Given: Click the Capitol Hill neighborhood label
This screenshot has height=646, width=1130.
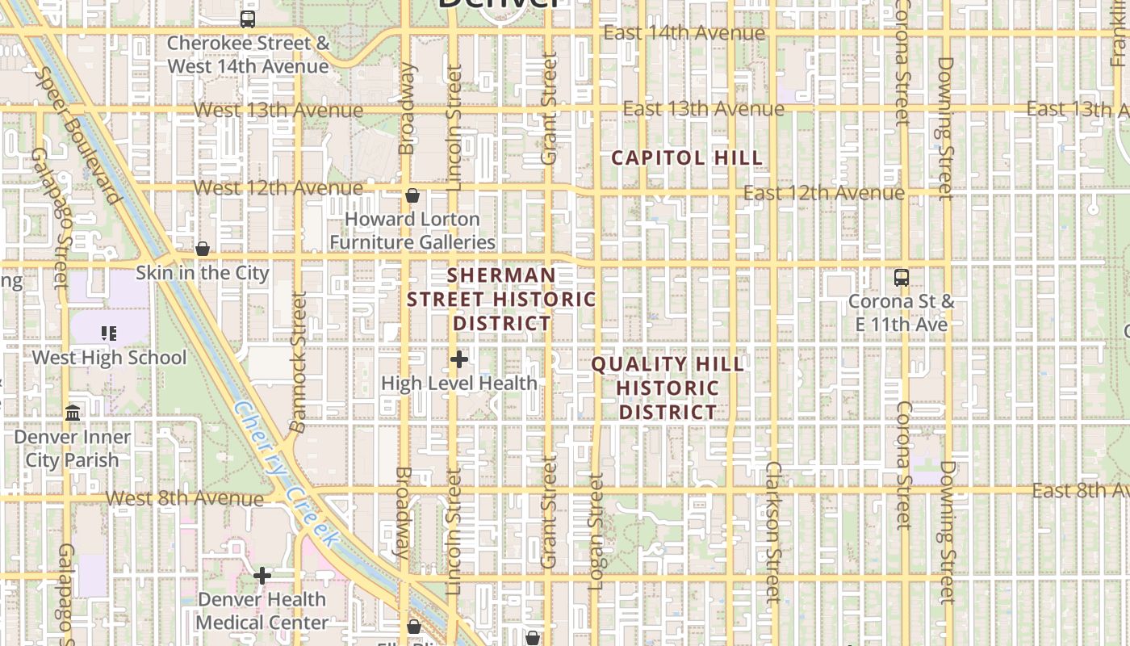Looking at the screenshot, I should tap(687, 157).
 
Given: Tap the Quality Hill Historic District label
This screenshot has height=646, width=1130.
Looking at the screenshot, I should tap(668, 388).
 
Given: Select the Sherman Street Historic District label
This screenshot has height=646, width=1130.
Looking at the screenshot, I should tap(501, 299).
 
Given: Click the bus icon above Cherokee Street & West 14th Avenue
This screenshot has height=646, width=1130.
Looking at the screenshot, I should tap(248, 19).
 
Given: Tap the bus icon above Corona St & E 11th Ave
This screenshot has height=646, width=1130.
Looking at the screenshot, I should tap(902, 278).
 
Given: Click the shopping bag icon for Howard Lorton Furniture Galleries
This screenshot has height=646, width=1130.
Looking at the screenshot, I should tap(412, 195).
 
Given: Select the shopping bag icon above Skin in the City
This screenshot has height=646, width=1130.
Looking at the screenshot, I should tap(203, 249).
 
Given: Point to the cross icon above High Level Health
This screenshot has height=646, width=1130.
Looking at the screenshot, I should tap(459, 359).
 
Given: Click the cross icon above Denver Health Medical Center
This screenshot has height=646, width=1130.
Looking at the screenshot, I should tap(262, 576).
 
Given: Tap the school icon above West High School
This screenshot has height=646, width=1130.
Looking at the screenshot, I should tap(109, 333).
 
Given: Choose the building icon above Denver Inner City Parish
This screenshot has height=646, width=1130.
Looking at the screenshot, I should tap(73, 413).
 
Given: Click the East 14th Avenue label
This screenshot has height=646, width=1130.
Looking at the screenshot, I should tap(684, 33).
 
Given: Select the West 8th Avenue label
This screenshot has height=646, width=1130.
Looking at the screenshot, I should tap(185, 498).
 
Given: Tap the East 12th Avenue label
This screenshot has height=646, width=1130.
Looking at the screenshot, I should tap(823, 193).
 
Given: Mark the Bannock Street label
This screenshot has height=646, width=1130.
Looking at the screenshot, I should tap(298, 362).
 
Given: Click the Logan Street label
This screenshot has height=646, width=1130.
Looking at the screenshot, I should tap(596, 531).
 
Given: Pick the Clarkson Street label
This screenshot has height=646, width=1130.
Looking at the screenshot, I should tap(773, 531).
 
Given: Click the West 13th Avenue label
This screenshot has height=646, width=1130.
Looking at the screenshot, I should tap(278, 110).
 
